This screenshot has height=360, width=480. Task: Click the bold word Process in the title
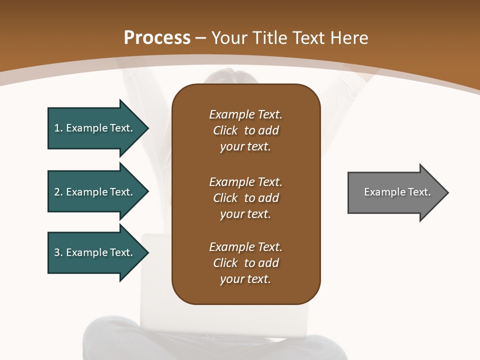[x=157, y=38]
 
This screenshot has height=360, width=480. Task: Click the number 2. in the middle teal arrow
[x=58, y=192]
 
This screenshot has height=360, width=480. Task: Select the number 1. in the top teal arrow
[x=58, y=128]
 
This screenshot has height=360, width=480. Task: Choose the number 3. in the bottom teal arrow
[x=58, y=252]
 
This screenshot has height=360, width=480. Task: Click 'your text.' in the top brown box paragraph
[x=245, y=147]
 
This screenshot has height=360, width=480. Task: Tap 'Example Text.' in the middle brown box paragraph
[x=245, y=181]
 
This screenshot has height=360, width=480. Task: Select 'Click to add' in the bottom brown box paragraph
[x=245, y=263]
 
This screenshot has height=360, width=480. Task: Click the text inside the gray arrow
[x=397, y=192]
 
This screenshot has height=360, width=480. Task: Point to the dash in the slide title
[x=200, y=38]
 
